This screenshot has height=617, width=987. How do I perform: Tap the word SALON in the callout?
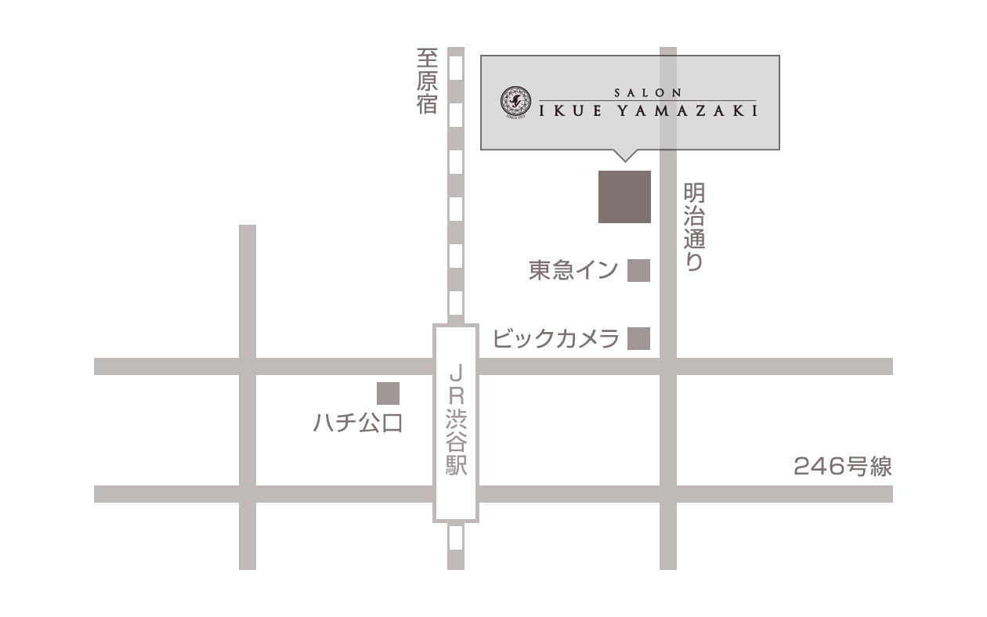pyautogui.click(x=647, y=92)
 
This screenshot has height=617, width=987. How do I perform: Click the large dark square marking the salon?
pyautogui.click(x=624, y=197)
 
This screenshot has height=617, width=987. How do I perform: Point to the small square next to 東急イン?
pyautogui.click(x=639, y=270)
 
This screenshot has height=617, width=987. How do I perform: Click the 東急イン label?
pyautogui.click(x=573, y=271)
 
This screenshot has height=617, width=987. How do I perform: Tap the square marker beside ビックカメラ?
pyautogui.click(x=639, y=338)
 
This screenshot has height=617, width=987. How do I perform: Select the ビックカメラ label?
pyautogui.click(x=556, y=339)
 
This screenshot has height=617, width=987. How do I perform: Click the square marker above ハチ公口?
pyautogui.click(x=388, y=393)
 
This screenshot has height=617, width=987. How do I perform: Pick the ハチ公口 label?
pyautogui.click(x=357, y=424)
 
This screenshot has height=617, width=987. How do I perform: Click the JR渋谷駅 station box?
pyautogui.click(x=456, y=423)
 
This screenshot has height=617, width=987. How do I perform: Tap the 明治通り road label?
pyautogui.click(x=694, y=227)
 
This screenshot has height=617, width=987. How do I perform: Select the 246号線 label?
pyautogui.click(x=843, y=467)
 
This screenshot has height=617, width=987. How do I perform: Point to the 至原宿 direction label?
pyautogui.click(x=427, y=81)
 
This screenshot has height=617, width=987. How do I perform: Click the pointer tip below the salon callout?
pyautogui.click(x=624, y=159)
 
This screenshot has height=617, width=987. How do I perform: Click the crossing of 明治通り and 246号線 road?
pyautogui.click(x=667, y=494)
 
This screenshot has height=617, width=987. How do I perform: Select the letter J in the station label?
pyautogui.click(x=456, y=370)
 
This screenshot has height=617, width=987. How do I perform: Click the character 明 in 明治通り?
pyautogui.click(x=694, y=193)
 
